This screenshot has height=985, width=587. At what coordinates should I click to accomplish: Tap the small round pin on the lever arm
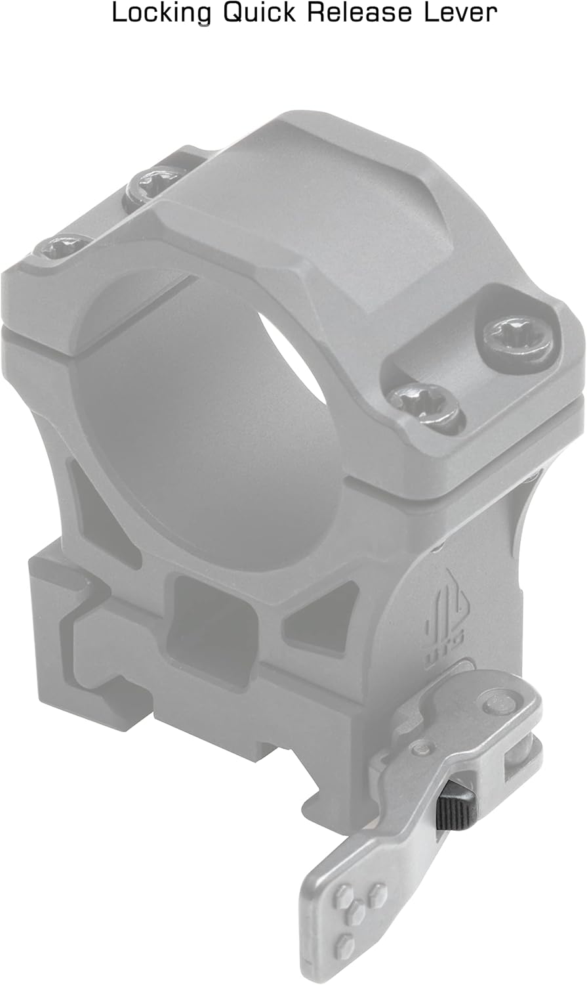coord(420,748)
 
